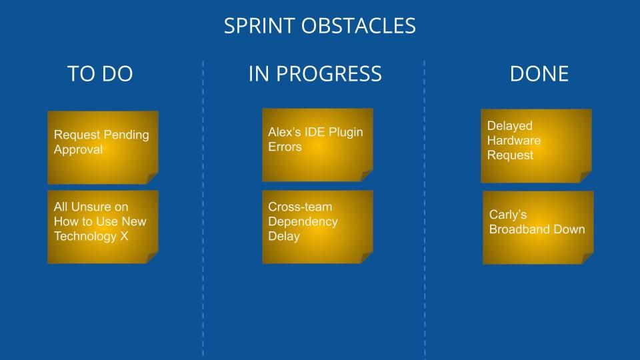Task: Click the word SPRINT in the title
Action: pyautogui.click(x=259, y=26)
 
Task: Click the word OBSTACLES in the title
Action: pyautogui.click(x=359, y=26)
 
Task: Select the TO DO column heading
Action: pyautogui.click(x=100, y=74)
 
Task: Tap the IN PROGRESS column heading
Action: pyautogui.click(x=315, y=74)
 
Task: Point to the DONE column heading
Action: pyautogui.click(x=539, y=74)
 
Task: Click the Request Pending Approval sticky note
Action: pyautogui.click(x=103, y=147)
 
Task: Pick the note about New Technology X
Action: pyautogui.click(x=103, y=227)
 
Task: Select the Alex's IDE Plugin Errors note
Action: pyautogui.click(x=317, y=145)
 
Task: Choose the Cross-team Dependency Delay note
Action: pyautogui.click(x=317, y=227)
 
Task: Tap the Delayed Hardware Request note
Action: pyautogui.click(x=536, y=146)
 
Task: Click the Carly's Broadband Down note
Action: pyautogui.click(x=539, y=228)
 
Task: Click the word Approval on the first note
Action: pyautogui.click(x=79, y=150)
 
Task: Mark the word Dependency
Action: pyautogui.click(x=303, y=221)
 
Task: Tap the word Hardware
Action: pyautogui.click(x=514, y=141)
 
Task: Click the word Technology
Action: pyautogui.click(x=85, y=236)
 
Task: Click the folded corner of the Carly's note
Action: pyautogui.click(x=588, y=259)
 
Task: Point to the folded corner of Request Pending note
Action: pyautogui.click(x=152, y=178)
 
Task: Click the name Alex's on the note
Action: pyautogui.click(x=285, y=132)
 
